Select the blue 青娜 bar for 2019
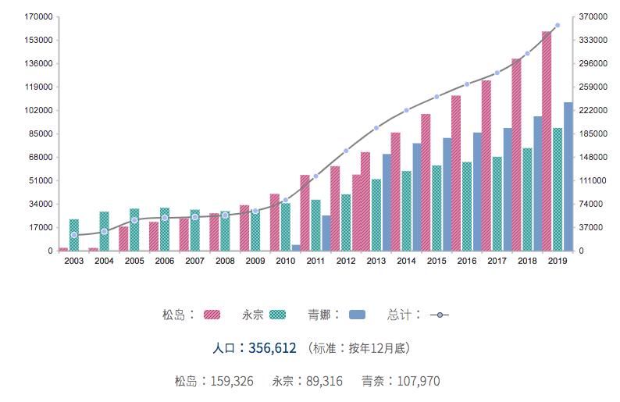coord(568,176)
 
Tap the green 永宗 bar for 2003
coord(74,235)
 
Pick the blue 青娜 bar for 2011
coord(326,233)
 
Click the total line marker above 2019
coord(557,26)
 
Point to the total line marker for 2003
coord(74,235)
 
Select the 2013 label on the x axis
coord(376,261)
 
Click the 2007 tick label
coord(194,261)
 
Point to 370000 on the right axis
coord(594,16)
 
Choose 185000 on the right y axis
coord(594,133)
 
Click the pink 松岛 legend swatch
coord(212,315)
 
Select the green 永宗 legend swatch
coord(277,315)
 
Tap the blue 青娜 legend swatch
coord(357,315)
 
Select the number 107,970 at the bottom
coord(418,382)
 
